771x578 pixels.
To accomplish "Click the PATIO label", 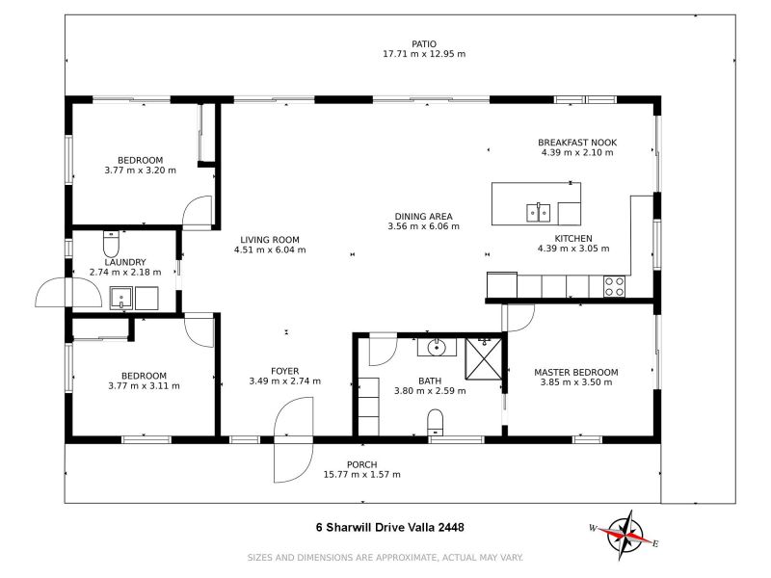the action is [424, 44].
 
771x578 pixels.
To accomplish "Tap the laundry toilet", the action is [111, 243].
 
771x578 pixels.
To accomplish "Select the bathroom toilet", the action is [436, 422].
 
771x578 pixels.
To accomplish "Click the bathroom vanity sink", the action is [437, 347].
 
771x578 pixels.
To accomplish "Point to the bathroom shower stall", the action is [484, 358].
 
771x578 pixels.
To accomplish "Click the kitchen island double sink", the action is [539, 212].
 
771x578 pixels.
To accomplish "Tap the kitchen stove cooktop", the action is [615, 286].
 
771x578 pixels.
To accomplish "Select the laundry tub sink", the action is [121, 299].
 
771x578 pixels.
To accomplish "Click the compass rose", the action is [625, 536].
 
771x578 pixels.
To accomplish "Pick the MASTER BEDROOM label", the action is [575, 372].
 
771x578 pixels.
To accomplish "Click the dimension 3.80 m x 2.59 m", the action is [430, 391].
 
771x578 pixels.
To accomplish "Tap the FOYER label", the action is [284, 371].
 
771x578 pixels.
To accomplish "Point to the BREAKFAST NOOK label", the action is [577, 143].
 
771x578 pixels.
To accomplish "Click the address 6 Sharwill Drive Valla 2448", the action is [389, 527].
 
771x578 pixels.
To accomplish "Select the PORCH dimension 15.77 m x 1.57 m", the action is [362, 474].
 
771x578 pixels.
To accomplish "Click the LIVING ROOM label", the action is [270, 240].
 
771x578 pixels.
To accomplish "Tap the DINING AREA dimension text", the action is [423, 226].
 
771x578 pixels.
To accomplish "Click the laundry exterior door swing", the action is [54, 293].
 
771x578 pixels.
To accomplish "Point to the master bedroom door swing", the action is [518, 318].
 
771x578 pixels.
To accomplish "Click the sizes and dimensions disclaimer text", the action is [385, 558].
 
